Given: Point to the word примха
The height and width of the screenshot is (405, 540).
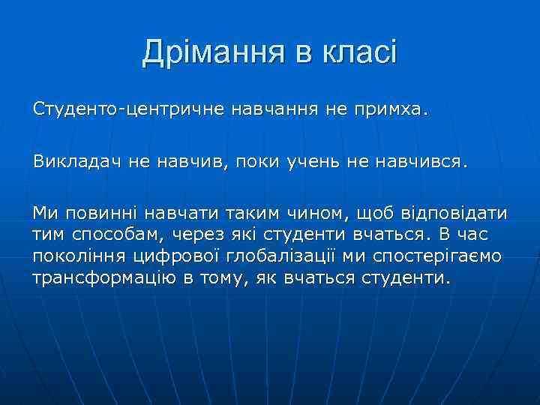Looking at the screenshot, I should (x=393, y=111).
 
